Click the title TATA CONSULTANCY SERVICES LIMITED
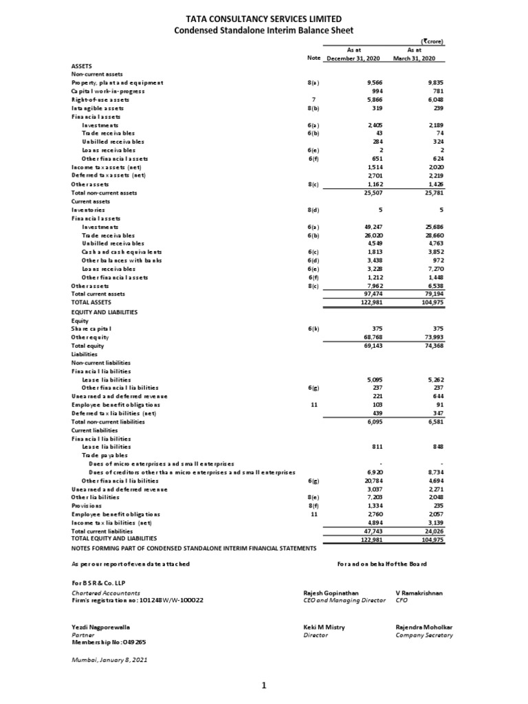coord(264,19)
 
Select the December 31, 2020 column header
coord(354,58)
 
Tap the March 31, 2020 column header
coord(415,58)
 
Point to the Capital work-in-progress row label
coord(108,91)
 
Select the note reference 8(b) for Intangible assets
coord(313,109)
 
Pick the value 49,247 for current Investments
coord(369,227)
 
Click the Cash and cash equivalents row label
coord(122,252)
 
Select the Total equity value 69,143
coord(369,346)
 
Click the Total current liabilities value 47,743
coord(369,531)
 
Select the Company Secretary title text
coord(424,635)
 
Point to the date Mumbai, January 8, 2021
coord(109,659)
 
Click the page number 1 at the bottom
coord(264,685)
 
